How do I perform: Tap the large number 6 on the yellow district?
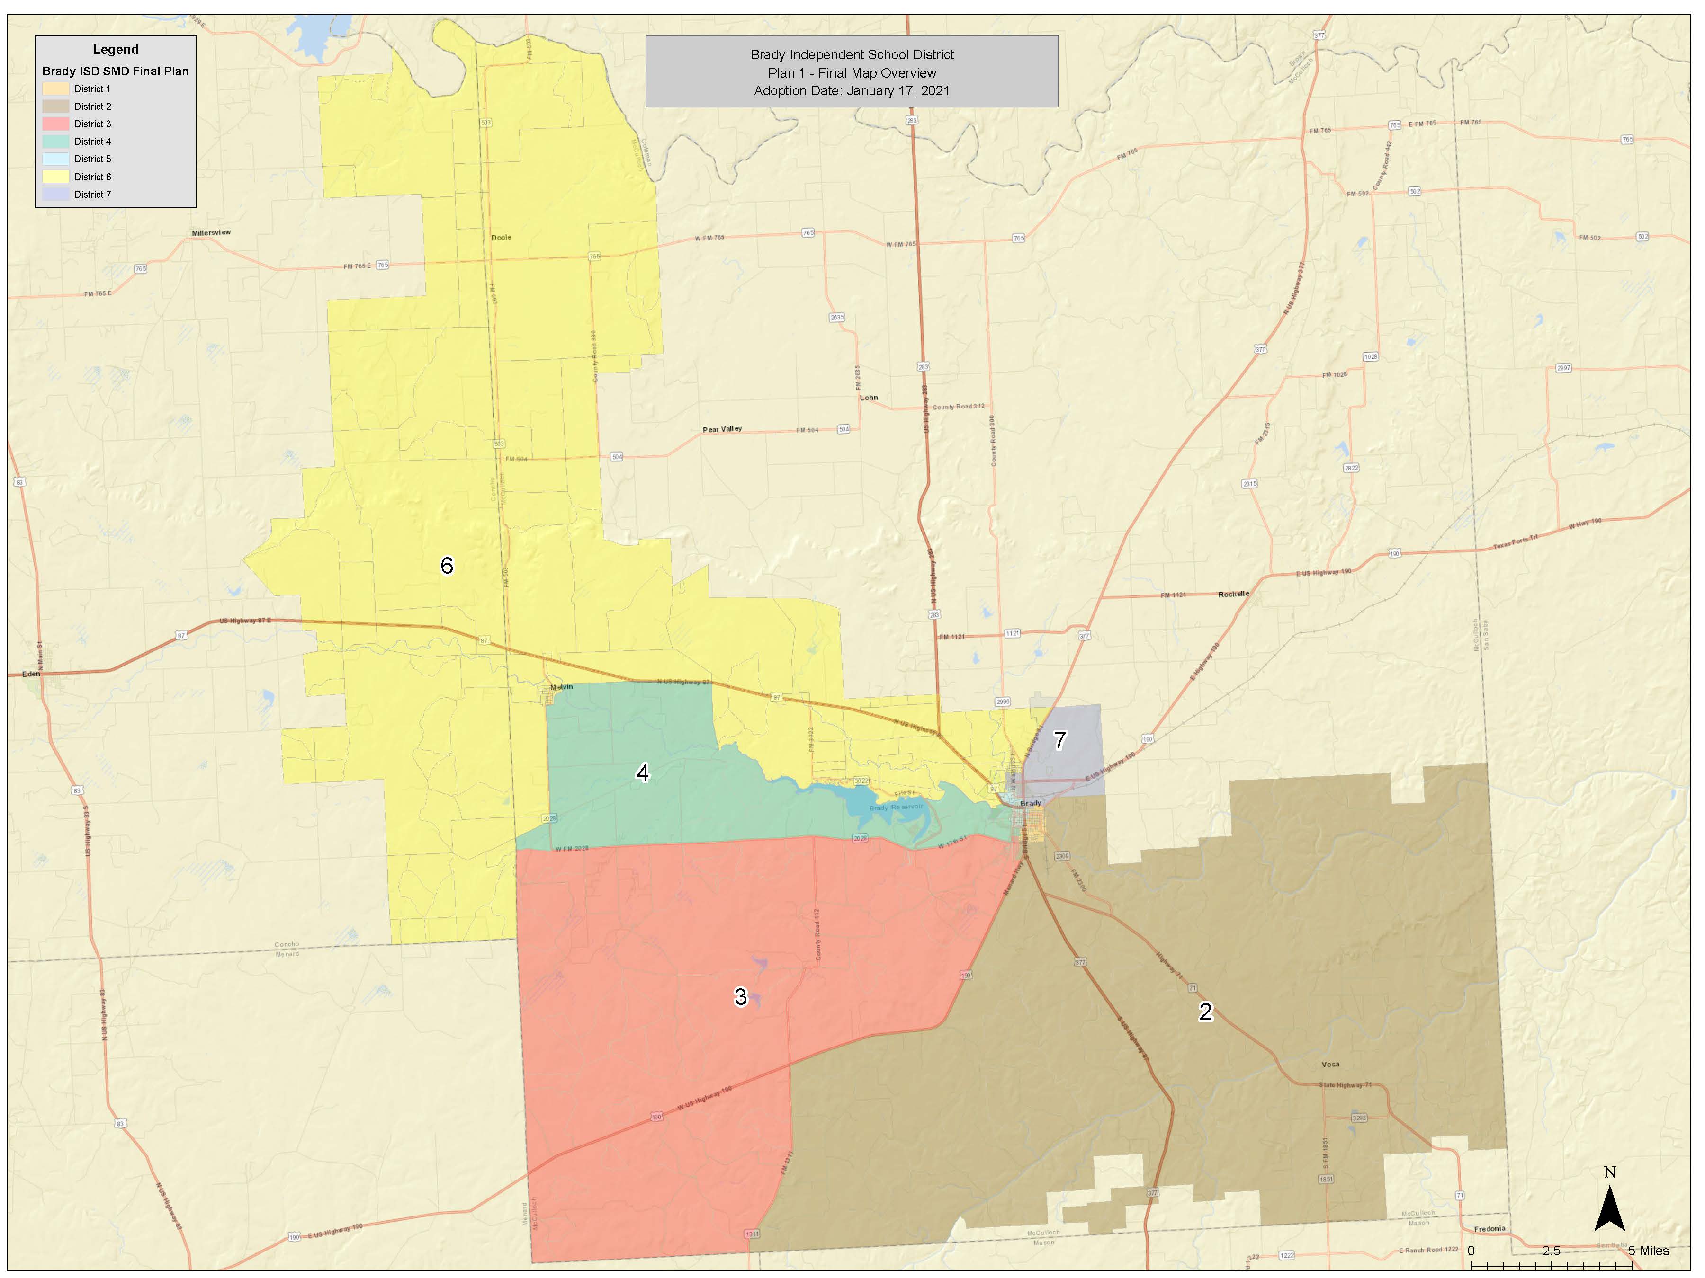point(446,566)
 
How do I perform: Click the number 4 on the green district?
point(642,772)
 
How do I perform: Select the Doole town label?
point(501,237)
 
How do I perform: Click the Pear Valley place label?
point(722,429)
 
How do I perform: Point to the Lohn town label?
point(869,398)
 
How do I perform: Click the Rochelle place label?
point(1233,594)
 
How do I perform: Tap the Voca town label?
point(1330,1064)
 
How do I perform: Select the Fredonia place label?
point(1489,1229)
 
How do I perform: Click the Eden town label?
point(31,674)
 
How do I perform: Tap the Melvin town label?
point(561,687)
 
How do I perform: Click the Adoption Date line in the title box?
point(851,91)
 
